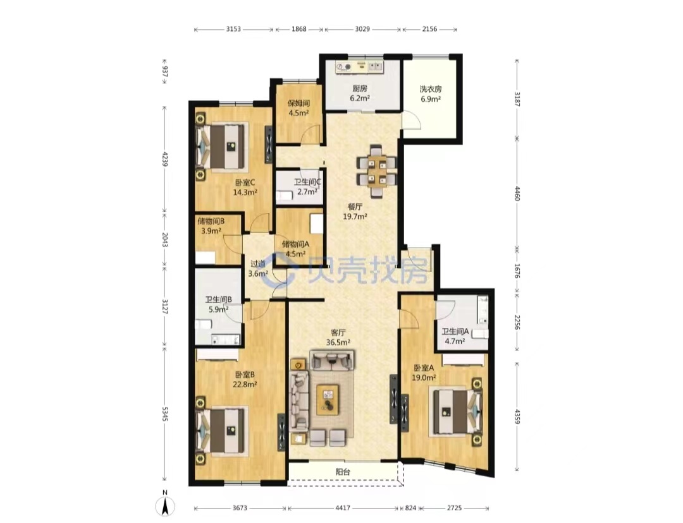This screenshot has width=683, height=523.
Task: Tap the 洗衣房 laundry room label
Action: tap(431, 89)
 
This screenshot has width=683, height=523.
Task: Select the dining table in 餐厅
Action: tap(376, 171)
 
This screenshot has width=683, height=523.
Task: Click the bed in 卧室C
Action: tap(222, 146)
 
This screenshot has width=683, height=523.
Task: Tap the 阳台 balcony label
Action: tap(342, 472)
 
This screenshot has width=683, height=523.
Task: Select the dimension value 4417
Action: tap(343, 508)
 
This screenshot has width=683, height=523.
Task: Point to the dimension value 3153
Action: tap(233, 29)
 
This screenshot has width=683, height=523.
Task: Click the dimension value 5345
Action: tap(164, 414)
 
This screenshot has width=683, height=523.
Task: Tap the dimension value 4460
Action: tap(517, 193)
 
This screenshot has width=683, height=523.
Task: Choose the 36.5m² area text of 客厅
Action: tap(338, 342)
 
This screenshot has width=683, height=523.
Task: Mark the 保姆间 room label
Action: tap(298, 103)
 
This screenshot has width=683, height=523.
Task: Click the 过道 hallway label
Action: tap(257, 263)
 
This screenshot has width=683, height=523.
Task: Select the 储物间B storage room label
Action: tap(211, 221)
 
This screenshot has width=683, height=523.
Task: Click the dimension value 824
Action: tap(410, 508)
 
